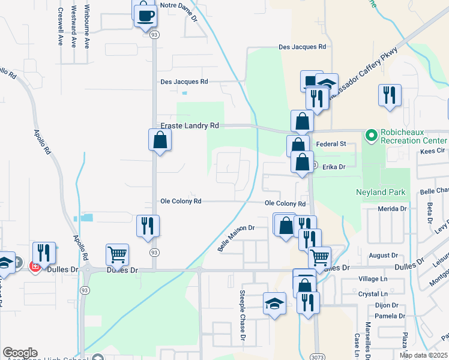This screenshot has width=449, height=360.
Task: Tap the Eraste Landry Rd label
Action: tap(190, 126)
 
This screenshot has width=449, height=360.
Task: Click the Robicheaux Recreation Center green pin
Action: tap(371, 136)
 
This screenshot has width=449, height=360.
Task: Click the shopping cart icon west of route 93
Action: tap(117, 254)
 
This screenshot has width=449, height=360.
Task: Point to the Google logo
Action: tap(20, 353)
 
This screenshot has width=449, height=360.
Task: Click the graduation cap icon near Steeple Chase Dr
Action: tap(274, 303)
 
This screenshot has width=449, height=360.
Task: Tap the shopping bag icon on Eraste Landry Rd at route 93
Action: tap(160, 140)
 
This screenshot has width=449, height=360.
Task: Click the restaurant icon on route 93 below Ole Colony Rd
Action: tap(148, 226)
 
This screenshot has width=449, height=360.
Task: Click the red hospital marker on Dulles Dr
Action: tap(35, 266)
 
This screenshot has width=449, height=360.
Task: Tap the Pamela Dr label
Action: tap(390, 316)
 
